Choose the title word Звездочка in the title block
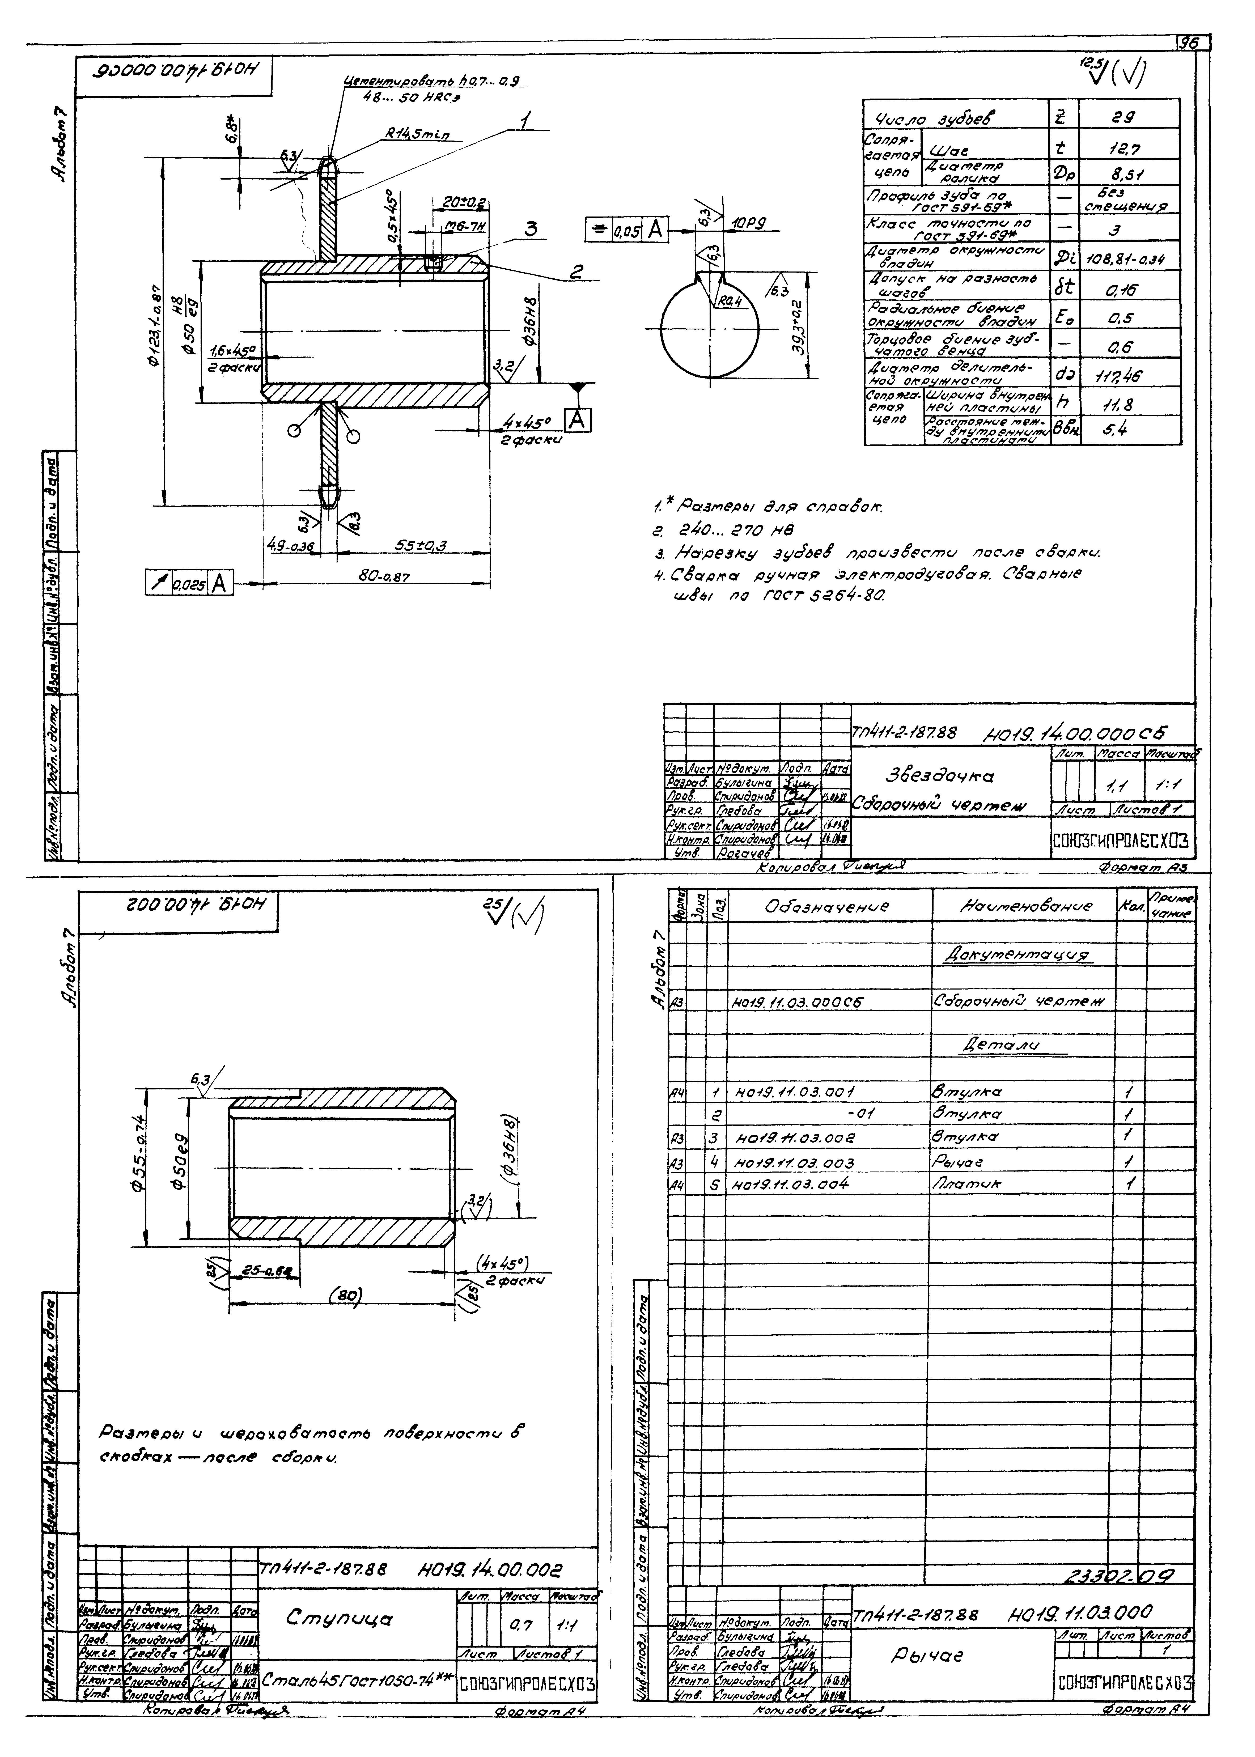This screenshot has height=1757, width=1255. pos(937,776)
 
